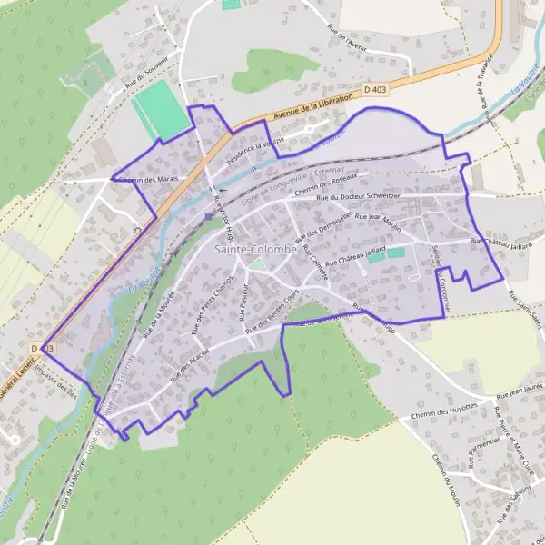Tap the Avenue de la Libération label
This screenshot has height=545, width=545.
312,107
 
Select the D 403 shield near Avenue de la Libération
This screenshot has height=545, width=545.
373,90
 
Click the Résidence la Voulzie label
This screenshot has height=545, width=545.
258,146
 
